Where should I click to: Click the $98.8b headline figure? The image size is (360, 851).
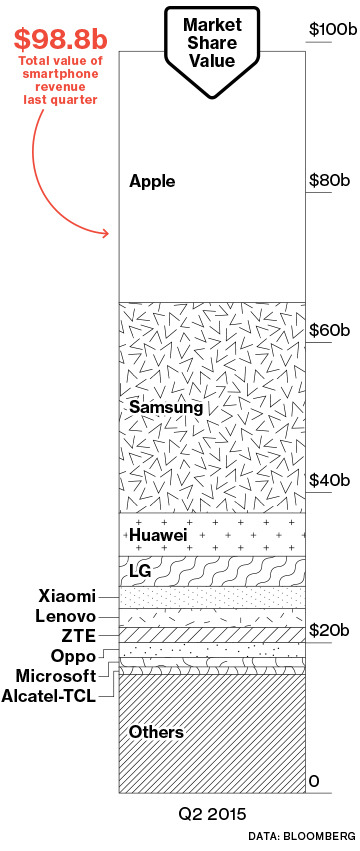[61, 39]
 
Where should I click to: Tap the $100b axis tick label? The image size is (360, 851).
[333, 29]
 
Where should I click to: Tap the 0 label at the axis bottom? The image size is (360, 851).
[313, 781]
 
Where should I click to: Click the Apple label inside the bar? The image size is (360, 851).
[152, 182]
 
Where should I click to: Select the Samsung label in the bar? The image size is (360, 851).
[166, 408]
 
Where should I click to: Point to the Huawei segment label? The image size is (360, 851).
[158, 536]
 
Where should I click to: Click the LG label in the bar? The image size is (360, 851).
[140, 571]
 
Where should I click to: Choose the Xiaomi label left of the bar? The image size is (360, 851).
[67, 596]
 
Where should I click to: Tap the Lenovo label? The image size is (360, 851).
[66, 616]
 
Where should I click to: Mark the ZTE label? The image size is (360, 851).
[79, 636]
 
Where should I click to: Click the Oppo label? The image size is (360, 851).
[74, 656]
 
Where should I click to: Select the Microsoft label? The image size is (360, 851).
[56, 676]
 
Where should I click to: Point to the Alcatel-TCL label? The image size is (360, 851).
[49, 696]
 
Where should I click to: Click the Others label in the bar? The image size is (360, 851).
[156, 732]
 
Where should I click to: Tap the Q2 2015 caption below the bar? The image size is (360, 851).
[212, 814]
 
